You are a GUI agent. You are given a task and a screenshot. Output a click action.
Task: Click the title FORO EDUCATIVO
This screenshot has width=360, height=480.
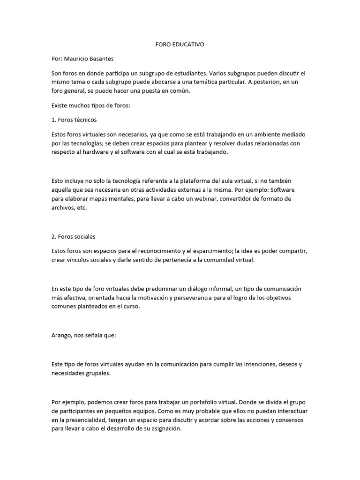point(180,45)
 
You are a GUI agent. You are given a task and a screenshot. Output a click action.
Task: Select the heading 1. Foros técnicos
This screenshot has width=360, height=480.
point(74,120)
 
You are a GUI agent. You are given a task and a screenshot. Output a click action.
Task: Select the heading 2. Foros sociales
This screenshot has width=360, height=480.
point(74,236)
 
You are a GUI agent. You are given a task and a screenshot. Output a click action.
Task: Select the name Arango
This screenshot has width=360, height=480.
point(61,336)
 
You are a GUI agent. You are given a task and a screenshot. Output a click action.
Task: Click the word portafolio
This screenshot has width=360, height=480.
point(188,402)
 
